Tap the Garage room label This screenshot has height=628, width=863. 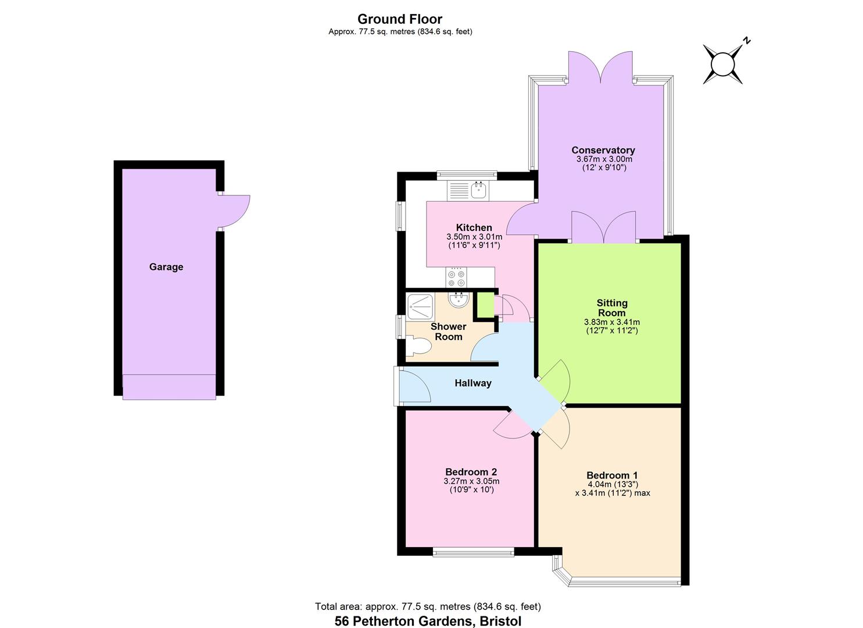166,267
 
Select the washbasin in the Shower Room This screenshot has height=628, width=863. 459,300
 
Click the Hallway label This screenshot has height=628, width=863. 473,383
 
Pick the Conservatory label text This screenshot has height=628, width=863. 603,150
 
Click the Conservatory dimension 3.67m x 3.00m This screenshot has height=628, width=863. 604,159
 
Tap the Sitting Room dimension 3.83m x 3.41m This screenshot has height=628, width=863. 611,322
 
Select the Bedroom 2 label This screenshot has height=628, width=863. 471,472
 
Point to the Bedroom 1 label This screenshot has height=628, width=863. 612,475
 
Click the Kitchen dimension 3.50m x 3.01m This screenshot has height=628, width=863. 474,237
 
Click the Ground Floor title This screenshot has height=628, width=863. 400,19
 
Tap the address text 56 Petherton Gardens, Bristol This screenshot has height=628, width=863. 428,620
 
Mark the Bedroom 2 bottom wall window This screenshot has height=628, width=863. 473,551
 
